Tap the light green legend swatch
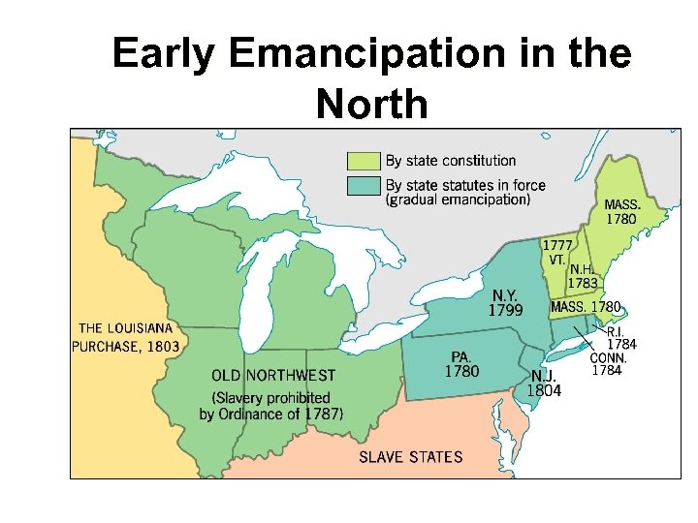point(364,161)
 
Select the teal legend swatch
point(364,185)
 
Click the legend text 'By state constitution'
point(451,161)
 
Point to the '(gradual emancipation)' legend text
point(458,200)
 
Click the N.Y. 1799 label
point(506,302)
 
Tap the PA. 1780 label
point(460,363)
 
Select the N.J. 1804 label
point(543,383)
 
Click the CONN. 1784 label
point(608,363)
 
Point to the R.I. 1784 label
point(620,337)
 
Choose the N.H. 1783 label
point(583,276)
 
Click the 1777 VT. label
point(555,253)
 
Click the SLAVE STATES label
point(411,456)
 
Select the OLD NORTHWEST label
point(273,375)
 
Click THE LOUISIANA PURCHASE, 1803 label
point(125,336)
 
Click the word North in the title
point(371,104)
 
